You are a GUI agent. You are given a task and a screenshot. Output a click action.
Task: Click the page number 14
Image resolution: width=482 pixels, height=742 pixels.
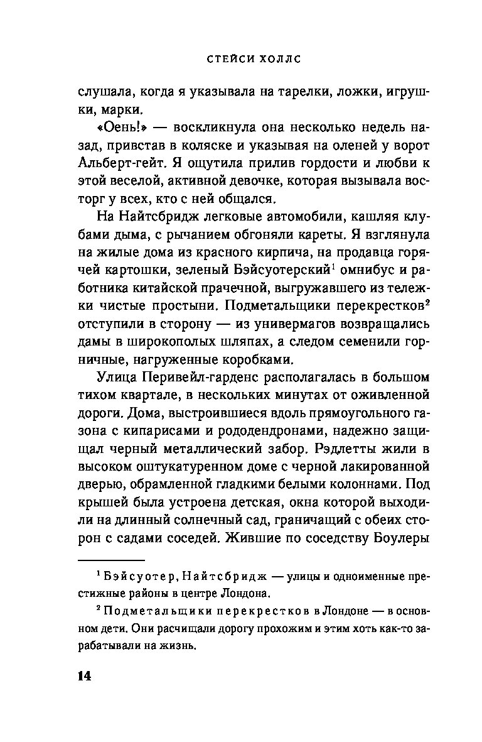pos(84,676)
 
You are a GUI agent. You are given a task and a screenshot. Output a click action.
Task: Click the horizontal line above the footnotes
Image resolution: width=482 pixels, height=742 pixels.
pos(111,559)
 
